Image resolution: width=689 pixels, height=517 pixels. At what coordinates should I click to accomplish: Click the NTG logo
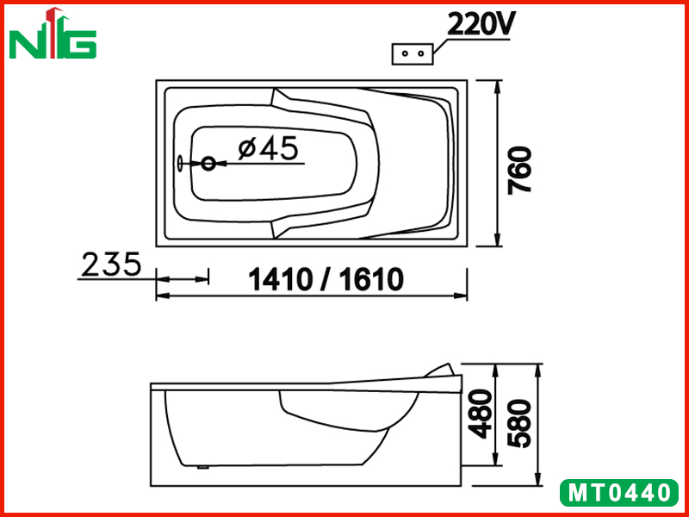53,34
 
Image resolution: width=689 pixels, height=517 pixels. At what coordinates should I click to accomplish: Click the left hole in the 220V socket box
405,53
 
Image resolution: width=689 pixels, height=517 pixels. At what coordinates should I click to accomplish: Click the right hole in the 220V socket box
421,53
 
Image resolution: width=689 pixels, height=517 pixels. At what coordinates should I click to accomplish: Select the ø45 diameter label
268,148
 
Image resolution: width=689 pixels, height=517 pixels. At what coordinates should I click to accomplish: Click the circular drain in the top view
208,164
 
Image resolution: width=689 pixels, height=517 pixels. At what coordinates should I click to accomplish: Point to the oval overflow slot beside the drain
180,164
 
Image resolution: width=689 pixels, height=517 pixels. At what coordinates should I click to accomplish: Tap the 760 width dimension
519,170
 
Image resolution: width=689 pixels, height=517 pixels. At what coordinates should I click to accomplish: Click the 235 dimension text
112,264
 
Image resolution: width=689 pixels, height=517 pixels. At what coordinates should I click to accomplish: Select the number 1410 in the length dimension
281,279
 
